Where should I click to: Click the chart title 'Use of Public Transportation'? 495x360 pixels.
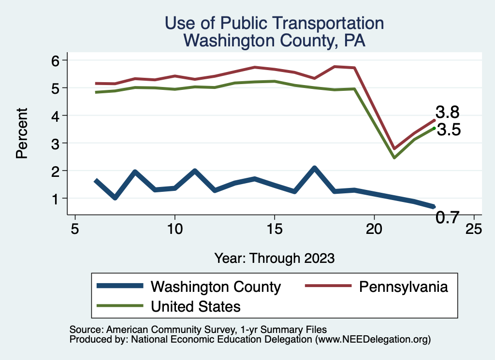274,23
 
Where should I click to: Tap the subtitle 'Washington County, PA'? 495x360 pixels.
274,41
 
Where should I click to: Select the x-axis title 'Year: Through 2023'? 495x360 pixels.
274,258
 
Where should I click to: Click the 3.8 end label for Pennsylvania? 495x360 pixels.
447,112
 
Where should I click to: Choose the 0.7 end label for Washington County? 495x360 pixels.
447,218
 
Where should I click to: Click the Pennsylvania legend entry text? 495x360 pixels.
403,287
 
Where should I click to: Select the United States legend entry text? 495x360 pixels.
195,306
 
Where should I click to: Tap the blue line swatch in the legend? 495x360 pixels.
120,286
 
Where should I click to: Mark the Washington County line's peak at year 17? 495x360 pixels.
314,168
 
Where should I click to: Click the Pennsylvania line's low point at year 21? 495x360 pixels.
394,148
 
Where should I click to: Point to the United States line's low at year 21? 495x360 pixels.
394,158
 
